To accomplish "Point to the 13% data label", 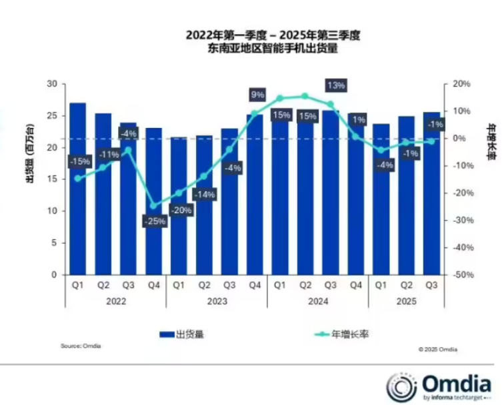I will tap(335, 85).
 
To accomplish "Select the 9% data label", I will tap(257, 94).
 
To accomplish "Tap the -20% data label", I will tap(180, 210).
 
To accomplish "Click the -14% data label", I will tap(205, 195).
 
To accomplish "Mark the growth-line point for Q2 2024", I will tap(305, 96).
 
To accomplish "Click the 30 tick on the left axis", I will tap(52, 84).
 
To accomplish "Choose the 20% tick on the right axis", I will tap(461, 84).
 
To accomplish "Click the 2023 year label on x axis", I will tap(217, 301).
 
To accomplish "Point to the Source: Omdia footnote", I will tap(81, 346).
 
